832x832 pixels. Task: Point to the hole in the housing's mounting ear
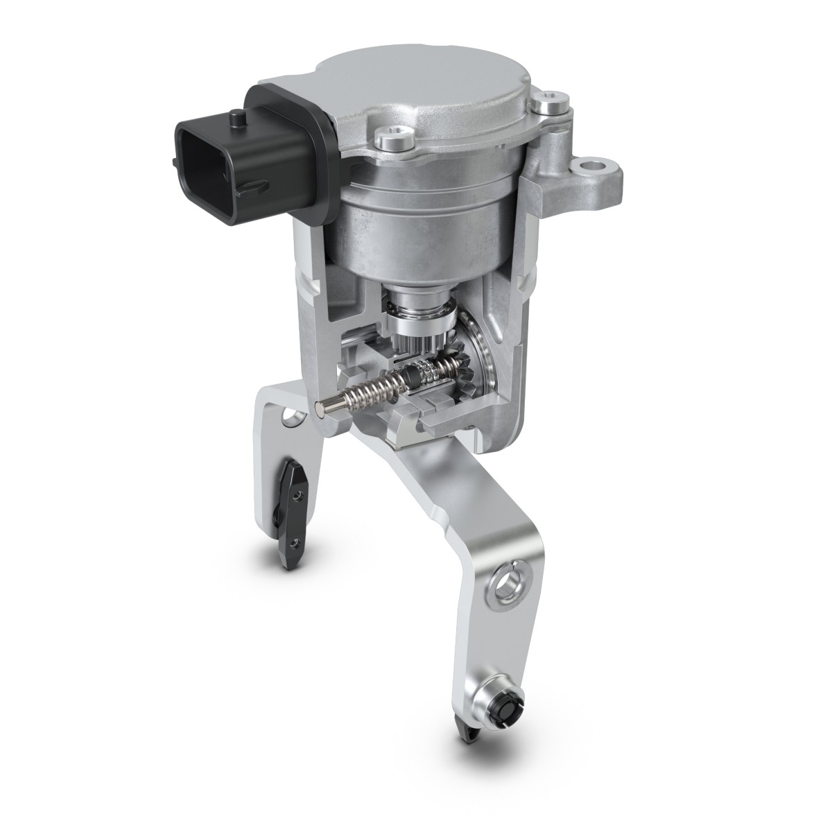(593, 167)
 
